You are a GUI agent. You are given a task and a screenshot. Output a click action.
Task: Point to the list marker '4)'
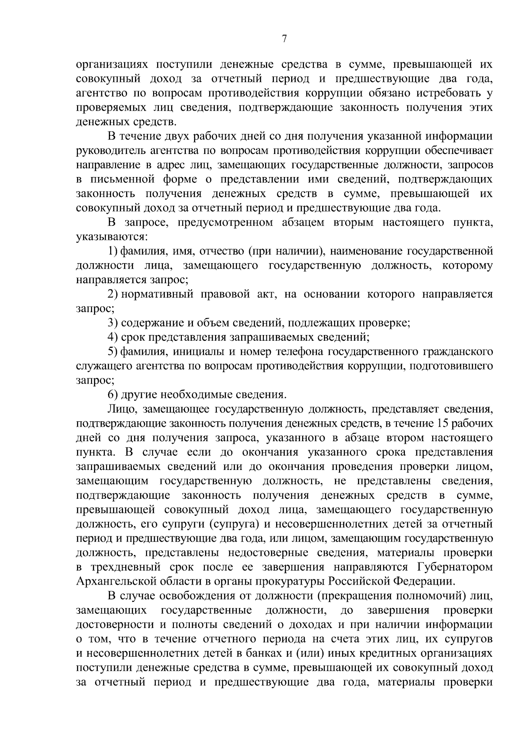[x=112, y=338]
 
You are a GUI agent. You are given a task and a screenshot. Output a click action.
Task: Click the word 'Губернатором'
[x=454, y=567]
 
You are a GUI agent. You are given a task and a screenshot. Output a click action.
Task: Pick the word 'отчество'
[x=220, y=252]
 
